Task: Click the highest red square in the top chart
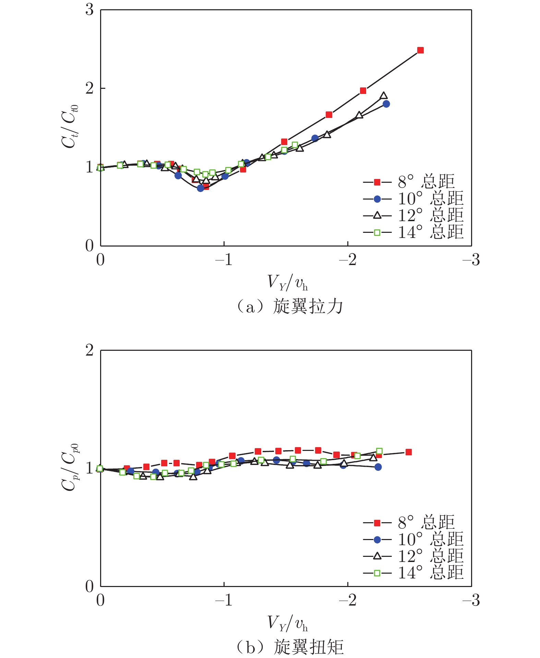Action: (420, 50)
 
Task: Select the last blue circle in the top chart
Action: (386, 104)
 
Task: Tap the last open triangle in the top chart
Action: (384, 96)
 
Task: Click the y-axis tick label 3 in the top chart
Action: (89, 10)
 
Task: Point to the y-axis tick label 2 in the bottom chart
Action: (89, 350)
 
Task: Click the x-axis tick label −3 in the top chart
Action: (471, 260)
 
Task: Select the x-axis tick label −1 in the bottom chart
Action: (224, 600)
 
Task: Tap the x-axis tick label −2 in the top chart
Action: (348, 260)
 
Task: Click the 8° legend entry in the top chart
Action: (410, 182)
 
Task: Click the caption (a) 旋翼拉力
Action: (290, 306)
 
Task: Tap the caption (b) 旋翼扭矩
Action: (290, 647)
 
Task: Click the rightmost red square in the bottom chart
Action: (408, 452)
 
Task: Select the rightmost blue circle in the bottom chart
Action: (378, 467)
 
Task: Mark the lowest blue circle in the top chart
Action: (201, 188)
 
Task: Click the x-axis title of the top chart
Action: (288, 283)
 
